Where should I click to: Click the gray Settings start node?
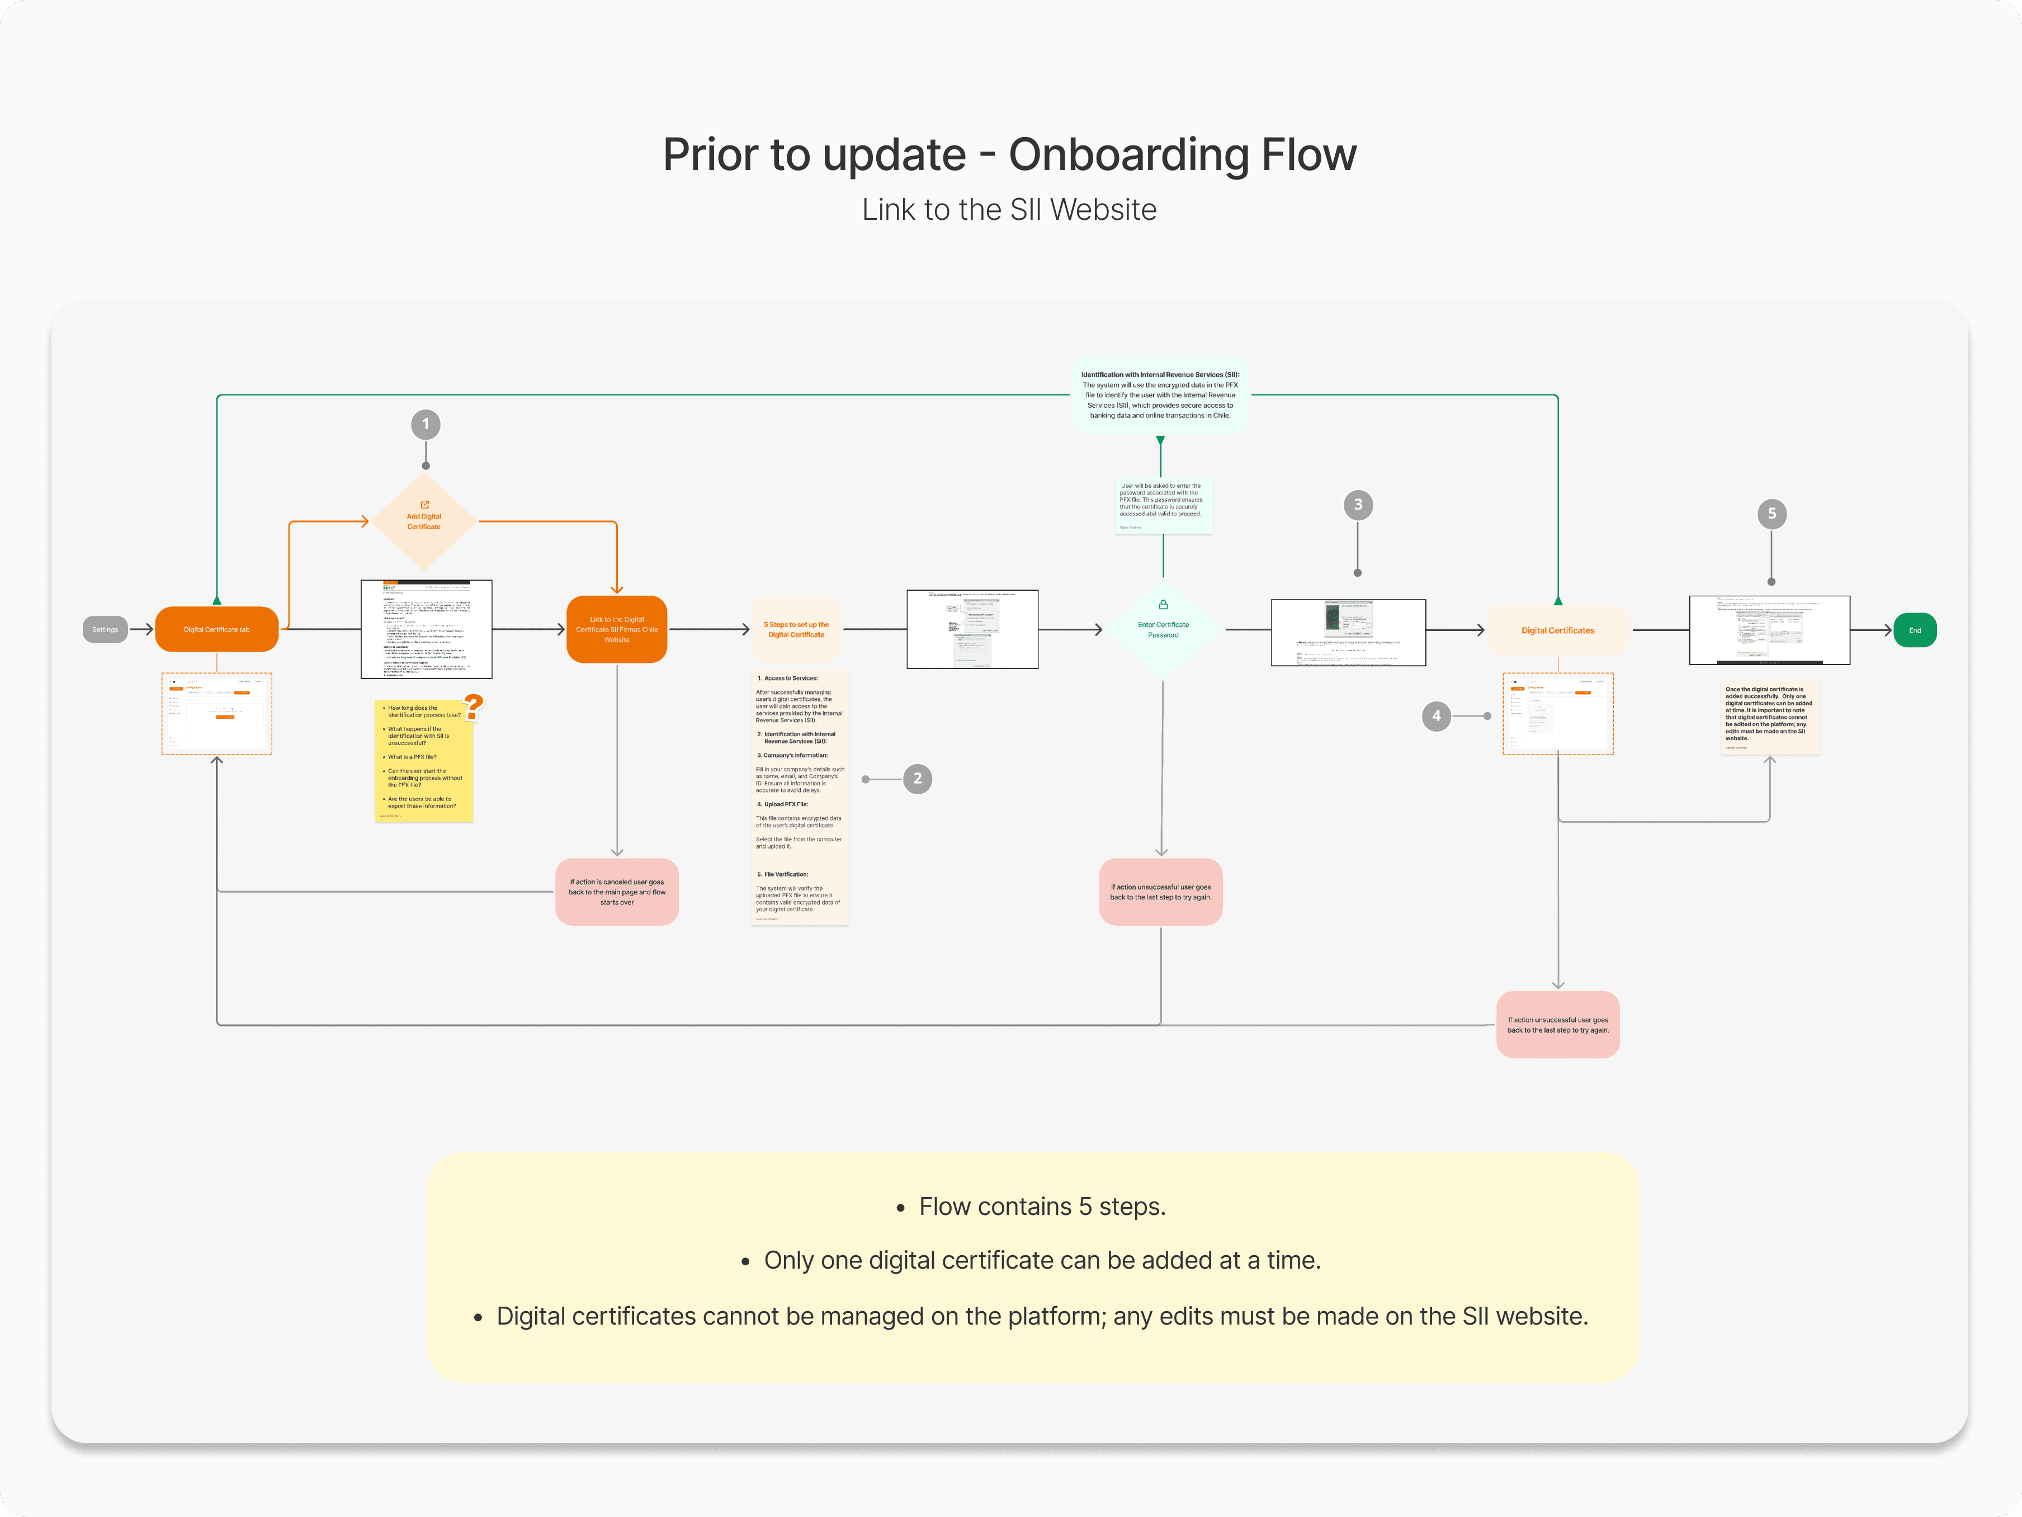tap(105, 629)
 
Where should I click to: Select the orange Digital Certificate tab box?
tap(216, 629)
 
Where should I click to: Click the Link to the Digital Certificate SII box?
tap(617, 629)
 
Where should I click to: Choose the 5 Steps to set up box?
tap(796, 629)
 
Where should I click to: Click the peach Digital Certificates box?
tap(1558, 630)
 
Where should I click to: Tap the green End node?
tap(1914, 630)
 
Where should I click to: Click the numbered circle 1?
tap(426, 425)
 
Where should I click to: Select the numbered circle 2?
tap(918, 779)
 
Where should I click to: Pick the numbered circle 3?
tap(1358, 505)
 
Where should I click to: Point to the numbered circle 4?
tap(1436, 716)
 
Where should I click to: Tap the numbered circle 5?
tap(1771, 514)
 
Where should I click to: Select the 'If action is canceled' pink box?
tap(617, 892)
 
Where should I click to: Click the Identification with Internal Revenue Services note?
tap(1160, 395)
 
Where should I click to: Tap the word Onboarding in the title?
tap(1128, 154)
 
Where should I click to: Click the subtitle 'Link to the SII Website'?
tap(1009, 209)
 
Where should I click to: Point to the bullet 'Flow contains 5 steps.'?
tap(1042, 1207)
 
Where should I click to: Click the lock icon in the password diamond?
tap(1163, 605)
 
